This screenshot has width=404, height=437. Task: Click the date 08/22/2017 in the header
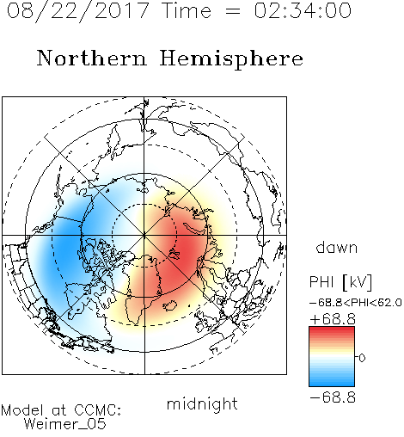pyautogui.click(x=78, y=11)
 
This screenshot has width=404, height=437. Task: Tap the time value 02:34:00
pyautogui.click(x=303, y=10)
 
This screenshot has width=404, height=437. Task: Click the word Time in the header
pyautogui.click(x=187, y=10)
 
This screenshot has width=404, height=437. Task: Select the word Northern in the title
pyautogui.click(x=92, y=58)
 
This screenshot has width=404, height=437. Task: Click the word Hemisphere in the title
pyautogui.click(x=231, y=59)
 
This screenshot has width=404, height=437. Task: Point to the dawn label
pyautogui.click(x=337, y=247)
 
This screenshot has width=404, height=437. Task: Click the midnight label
pyautogui.click(x=202, y=403)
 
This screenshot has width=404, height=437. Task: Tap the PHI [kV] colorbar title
pyautogui.click(x=340, y=282)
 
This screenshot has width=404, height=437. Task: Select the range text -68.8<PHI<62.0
pyautogui.click(x=356, y=303)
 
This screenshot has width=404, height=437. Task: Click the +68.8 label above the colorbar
pyautogui.click(x=333, y=319)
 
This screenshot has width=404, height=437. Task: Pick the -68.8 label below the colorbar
pyautogui.click(x=333, y=397)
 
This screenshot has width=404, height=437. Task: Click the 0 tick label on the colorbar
pyautogui.click(x=362, y=358)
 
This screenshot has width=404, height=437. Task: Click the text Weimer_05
pyautogui.click(x=65, y=424)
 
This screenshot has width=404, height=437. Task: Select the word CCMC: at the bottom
pyautogui.click(x=98, y=410)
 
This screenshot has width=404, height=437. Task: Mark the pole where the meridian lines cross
pyautogui.click(x=144, y=236)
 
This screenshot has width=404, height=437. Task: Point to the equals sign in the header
pyautogui.click(x=233, y=11)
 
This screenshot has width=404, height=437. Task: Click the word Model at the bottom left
pyautogui.click(x=22, y=410)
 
